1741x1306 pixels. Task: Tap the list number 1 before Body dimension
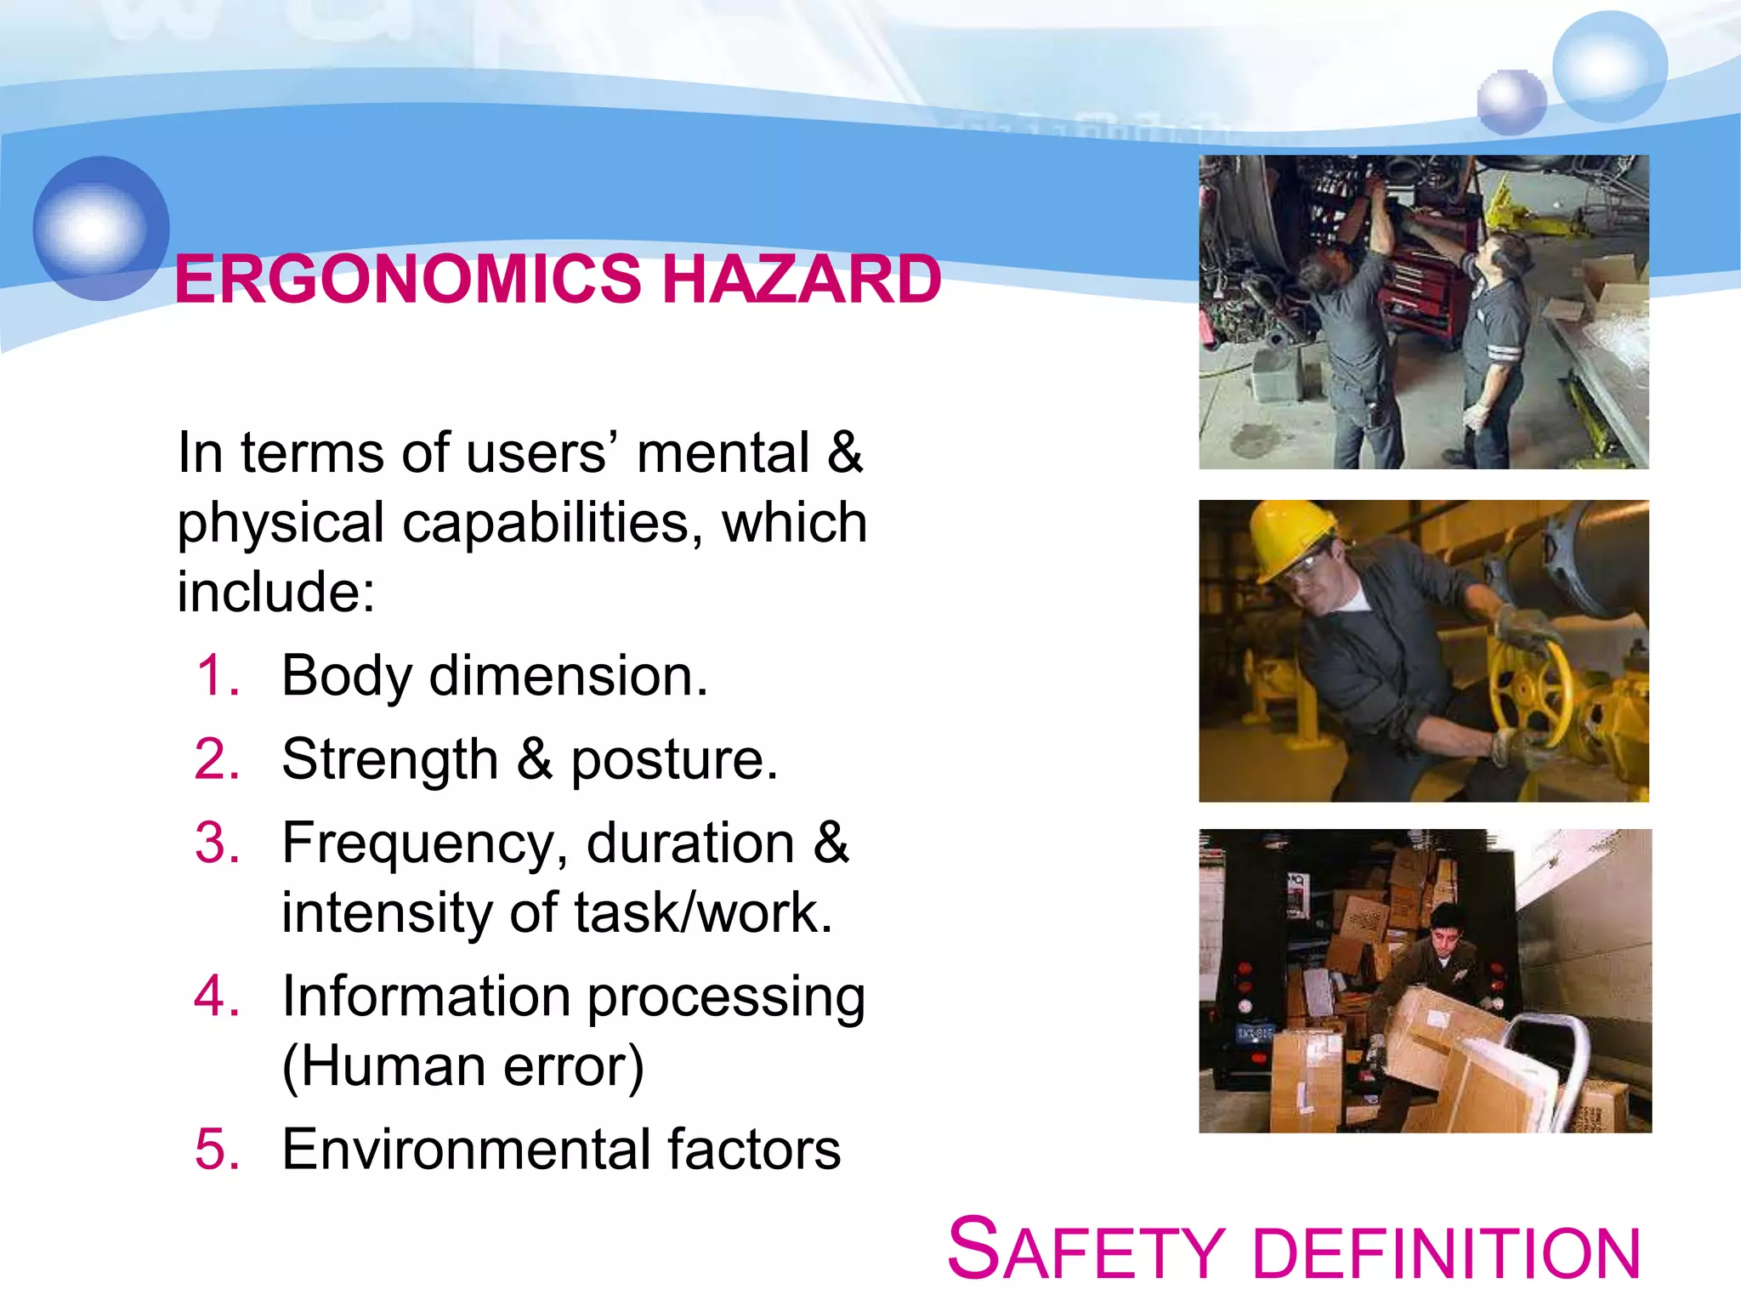(218, 676)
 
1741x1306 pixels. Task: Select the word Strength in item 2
(389, 759)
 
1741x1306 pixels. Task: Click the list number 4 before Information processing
(218, 996)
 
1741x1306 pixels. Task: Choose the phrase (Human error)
(463, 1066)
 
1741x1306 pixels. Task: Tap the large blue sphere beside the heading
(101, 228)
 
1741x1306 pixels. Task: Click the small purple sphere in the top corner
(1511, 102)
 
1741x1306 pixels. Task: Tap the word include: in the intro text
(275, 592)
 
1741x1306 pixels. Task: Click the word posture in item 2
(673, 759)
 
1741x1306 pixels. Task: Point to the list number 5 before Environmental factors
(218, 1150)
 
